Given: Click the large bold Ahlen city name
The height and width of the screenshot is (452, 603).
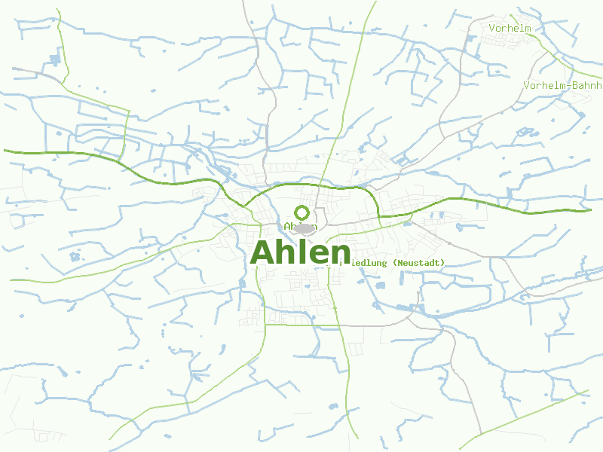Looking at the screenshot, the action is [x=301, y=252].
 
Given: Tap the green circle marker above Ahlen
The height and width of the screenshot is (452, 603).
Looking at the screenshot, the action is [x=301, y=212].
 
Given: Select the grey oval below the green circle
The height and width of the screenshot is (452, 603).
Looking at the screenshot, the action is [x=303, y=228].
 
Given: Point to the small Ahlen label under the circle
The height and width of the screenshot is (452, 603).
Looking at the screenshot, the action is [x=301, y=227].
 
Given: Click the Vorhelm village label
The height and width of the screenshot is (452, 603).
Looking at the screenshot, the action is [x=510, y=29].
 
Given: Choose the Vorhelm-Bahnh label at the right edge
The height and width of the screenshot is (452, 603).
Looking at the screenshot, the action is [x=562, y=86].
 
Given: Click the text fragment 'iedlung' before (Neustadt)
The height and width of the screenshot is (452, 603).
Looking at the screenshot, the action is [x=364, y=263].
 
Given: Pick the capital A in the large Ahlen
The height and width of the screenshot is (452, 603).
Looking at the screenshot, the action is [x=264, y=252].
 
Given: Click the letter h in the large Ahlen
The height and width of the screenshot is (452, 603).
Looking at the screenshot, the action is [x=289, y=252].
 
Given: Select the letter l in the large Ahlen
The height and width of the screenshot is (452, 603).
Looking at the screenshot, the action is [x=303, y=252].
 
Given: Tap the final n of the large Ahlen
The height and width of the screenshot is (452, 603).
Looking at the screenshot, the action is [x=341, y=255].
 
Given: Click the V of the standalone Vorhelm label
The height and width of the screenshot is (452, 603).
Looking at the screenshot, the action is [x=491, y=29].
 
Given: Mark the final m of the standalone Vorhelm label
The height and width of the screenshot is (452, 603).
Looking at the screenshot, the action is [x=528, y=29].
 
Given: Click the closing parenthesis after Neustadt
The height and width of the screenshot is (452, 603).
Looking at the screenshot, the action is [x=443, y=263].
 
